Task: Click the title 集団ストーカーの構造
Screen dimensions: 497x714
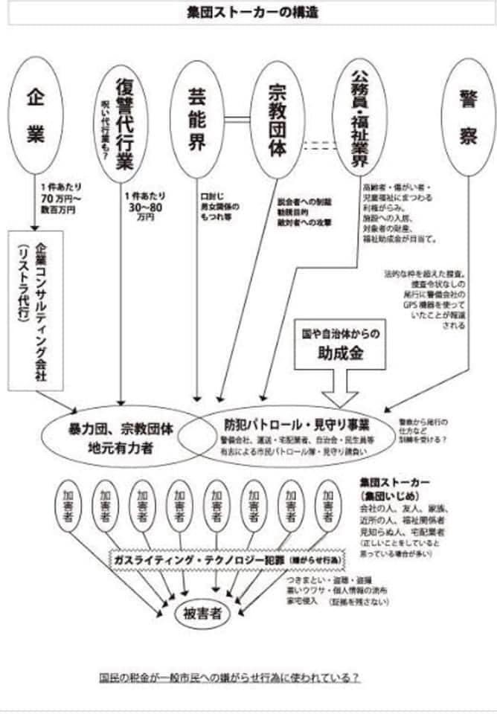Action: [x=248, y=12]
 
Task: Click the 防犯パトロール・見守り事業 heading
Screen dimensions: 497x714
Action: [x=298, y=425]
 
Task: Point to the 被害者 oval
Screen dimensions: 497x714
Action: [x=202, y=614]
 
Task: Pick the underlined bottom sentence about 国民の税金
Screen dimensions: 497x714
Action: [x=231, y=678]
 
